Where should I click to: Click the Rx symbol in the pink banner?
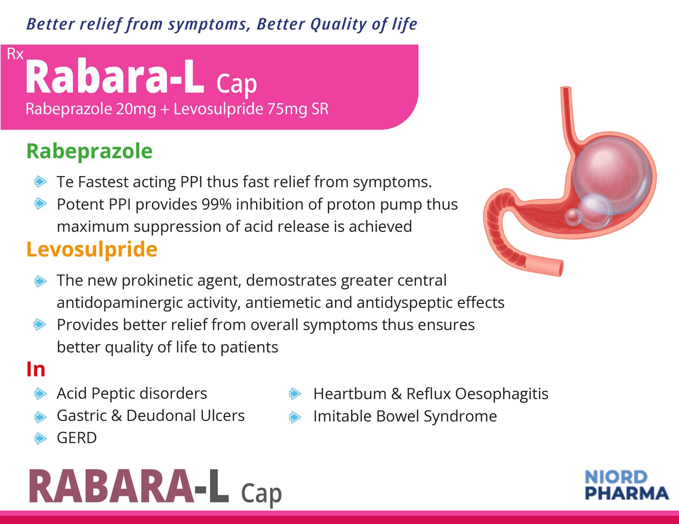pyautogui.click(x=15, y=54)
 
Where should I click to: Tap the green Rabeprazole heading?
pyautogui.click(x=90, y=152)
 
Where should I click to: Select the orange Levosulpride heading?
pyautogui.click(x=92, y=249)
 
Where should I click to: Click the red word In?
pyautogui.click(x=36, y=370)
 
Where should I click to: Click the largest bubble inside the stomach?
pyautogui.click(x=612, y=176)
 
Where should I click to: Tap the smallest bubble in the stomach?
pyautogui.click(x=573, y=217)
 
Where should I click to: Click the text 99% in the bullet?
pyautogui.click(x=216, y=205)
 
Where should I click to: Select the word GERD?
pyautogui.click(x=76, y=438)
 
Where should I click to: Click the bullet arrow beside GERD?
pyautogui.click(x=40, y=438)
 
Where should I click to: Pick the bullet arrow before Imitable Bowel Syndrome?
pyautogui.click(x=295, y=417)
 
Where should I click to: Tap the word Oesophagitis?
pyautogui.click(x=502, y=394)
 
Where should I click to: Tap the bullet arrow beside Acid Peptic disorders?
pyautogui.click(x=40, y=394)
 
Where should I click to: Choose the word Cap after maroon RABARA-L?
pyautogui.click(x=261, y=494)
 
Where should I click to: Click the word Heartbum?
pyautogui.click(x=350, y=394)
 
